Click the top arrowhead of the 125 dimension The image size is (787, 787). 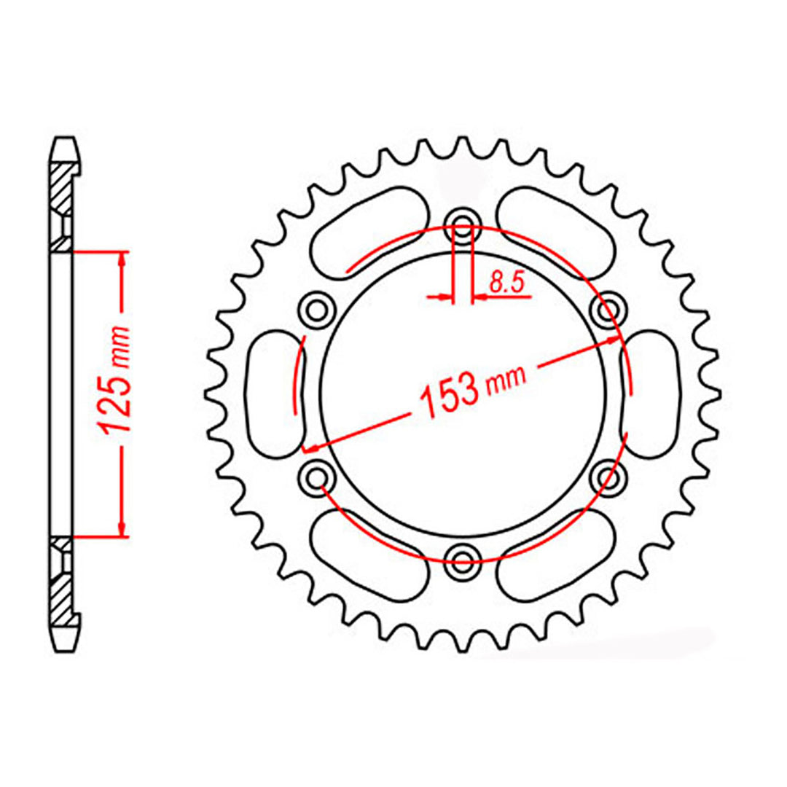coord(122,259)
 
